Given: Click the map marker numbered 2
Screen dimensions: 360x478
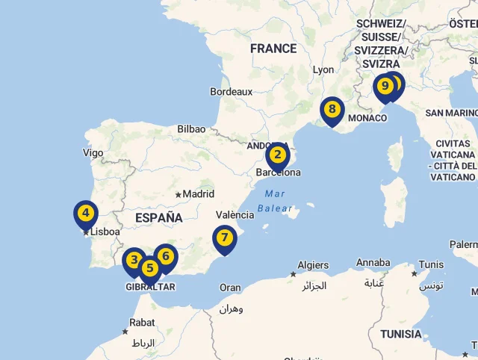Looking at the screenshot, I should click(277, 156).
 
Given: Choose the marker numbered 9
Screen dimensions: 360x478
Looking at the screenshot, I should click(385, 87).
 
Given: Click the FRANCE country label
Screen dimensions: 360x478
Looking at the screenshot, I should click(273, 49).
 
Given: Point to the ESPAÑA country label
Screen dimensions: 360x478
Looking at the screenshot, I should click(159, 218).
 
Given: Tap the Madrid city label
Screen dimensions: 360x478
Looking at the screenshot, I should click(199, 194).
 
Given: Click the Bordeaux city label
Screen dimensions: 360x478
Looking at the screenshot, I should click(232, 92).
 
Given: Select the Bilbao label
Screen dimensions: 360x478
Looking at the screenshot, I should click(191, 129).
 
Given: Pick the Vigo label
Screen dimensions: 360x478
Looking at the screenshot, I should click(93, 152).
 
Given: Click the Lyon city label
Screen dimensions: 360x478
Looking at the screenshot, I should click(323, 69).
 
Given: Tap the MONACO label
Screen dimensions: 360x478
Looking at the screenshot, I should click(367, 118).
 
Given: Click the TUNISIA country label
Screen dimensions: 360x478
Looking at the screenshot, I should click(400, 334).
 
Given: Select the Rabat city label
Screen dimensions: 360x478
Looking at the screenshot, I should click(142, 323).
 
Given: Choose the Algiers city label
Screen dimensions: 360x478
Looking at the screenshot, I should click(313, 265).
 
